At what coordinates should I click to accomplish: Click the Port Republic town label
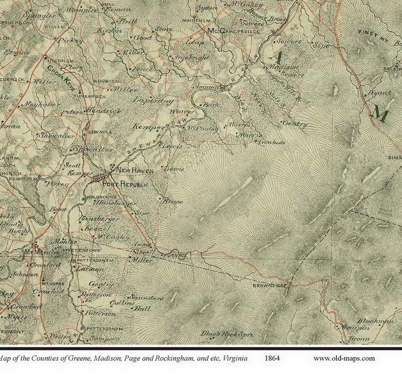[x=125, y=184]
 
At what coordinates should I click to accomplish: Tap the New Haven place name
[x=134, y=171]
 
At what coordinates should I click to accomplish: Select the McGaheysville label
[x=233, y=31]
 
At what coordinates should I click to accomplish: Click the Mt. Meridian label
[x=42, y=252]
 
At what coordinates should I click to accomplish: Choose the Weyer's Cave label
[x=83, y=250]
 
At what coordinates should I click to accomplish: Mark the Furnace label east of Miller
[x=175, y=255]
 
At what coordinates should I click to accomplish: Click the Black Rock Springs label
[x=227, y=334]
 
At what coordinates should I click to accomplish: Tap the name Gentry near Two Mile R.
[x=295, y=124]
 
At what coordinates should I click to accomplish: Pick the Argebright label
[x=191, y=58]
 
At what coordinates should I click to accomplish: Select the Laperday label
[x=153, y=100]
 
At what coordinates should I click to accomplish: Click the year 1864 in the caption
[x=272, y=358]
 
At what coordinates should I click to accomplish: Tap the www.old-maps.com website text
[x=344, y=358]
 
